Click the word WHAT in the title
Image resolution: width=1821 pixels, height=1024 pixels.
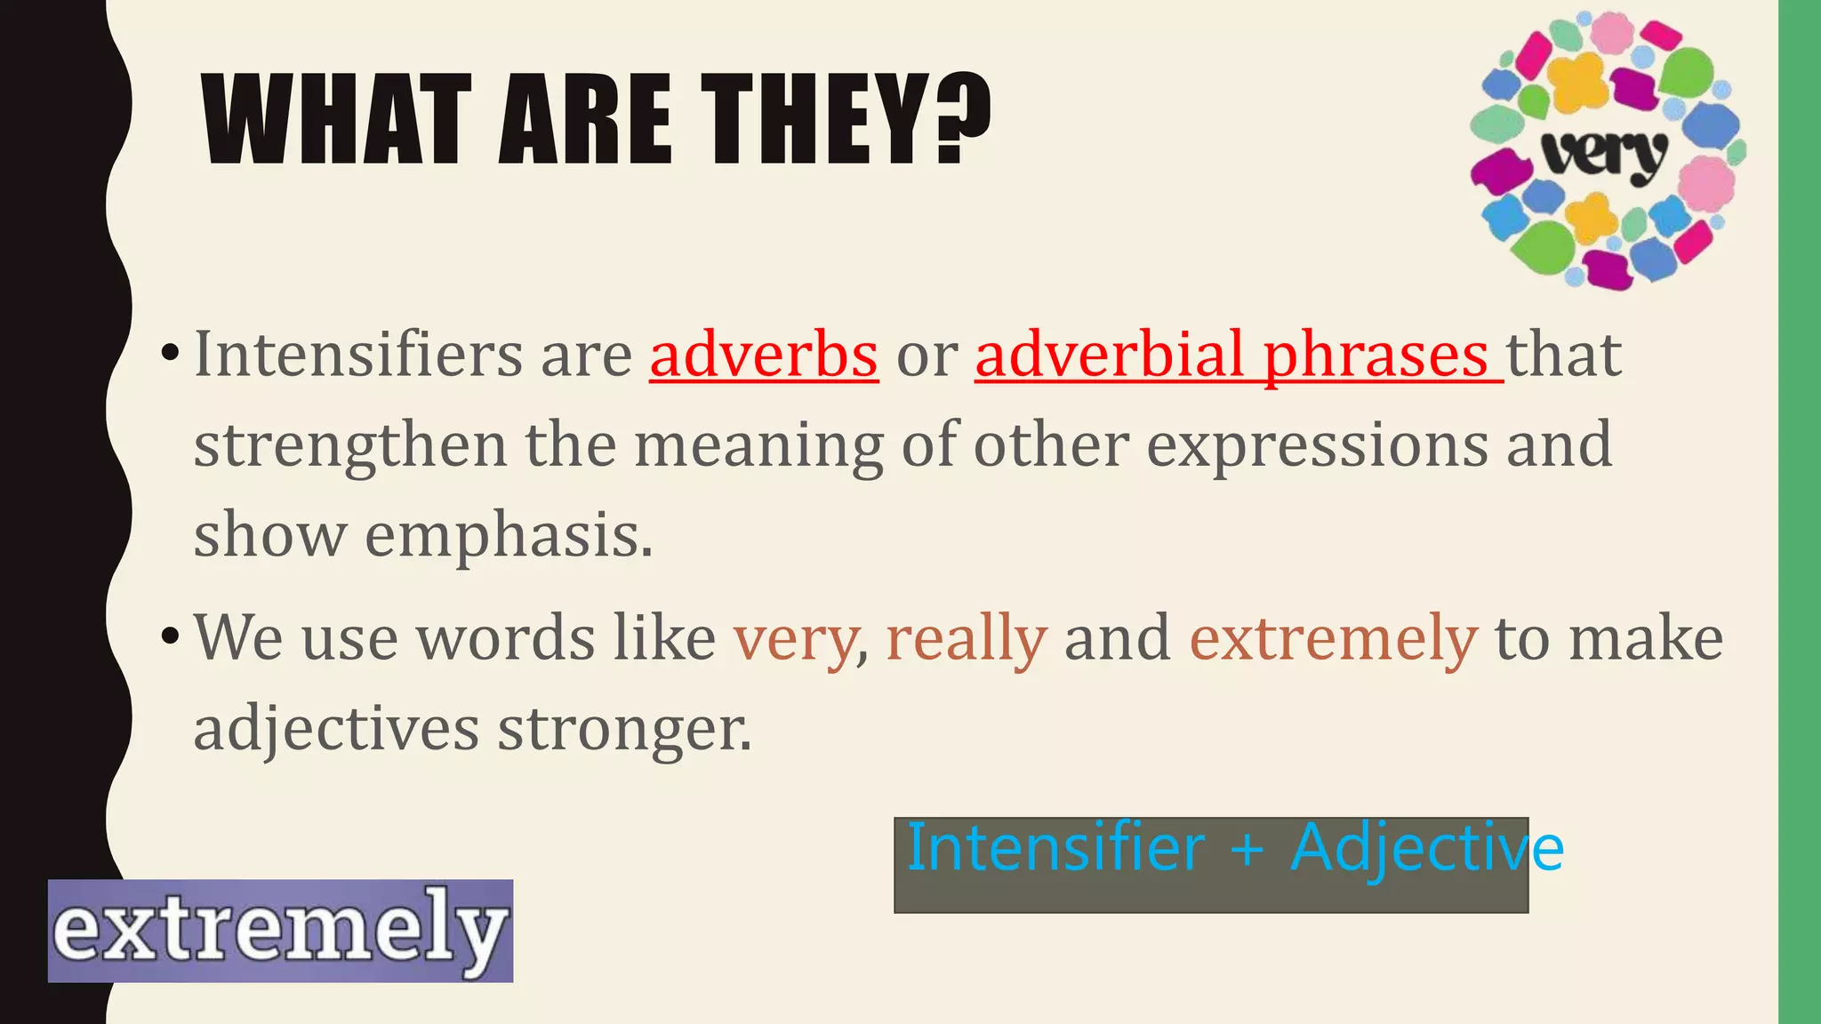coord(336,120)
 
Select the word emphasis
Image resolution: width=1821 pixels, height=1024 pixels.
coord(509,537)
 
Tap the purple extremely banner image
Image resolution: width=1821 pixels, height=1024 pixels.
coord(280,931)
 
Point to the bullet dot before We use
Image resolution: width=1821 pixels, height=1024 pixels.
coord(170,637)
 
